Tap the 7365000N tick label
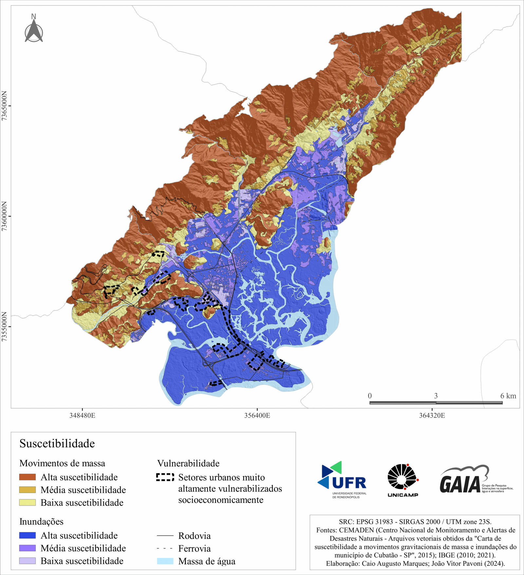(5, 106)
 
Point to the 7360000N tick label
(5, 216)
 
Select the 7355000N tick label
(5, 326)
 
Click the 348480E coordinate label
(82, 416)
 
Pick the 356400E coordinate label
(257, 416)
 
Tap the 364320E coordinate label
(432, 416)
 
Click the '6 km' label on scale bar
(508, 396)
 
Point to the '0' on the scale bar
(370, 396)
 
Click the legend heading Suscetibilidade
(57, 444)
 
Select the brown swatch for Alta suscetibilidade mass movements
(27, 477)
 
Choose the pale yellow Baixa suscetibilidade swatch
(27, 503)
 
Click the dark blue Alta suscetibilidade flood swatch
(27, 535)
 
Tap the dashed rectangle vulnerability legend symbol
(165, 477)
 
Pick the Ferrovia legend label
(194, 548)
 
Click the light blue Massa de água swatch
(165, 561)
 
